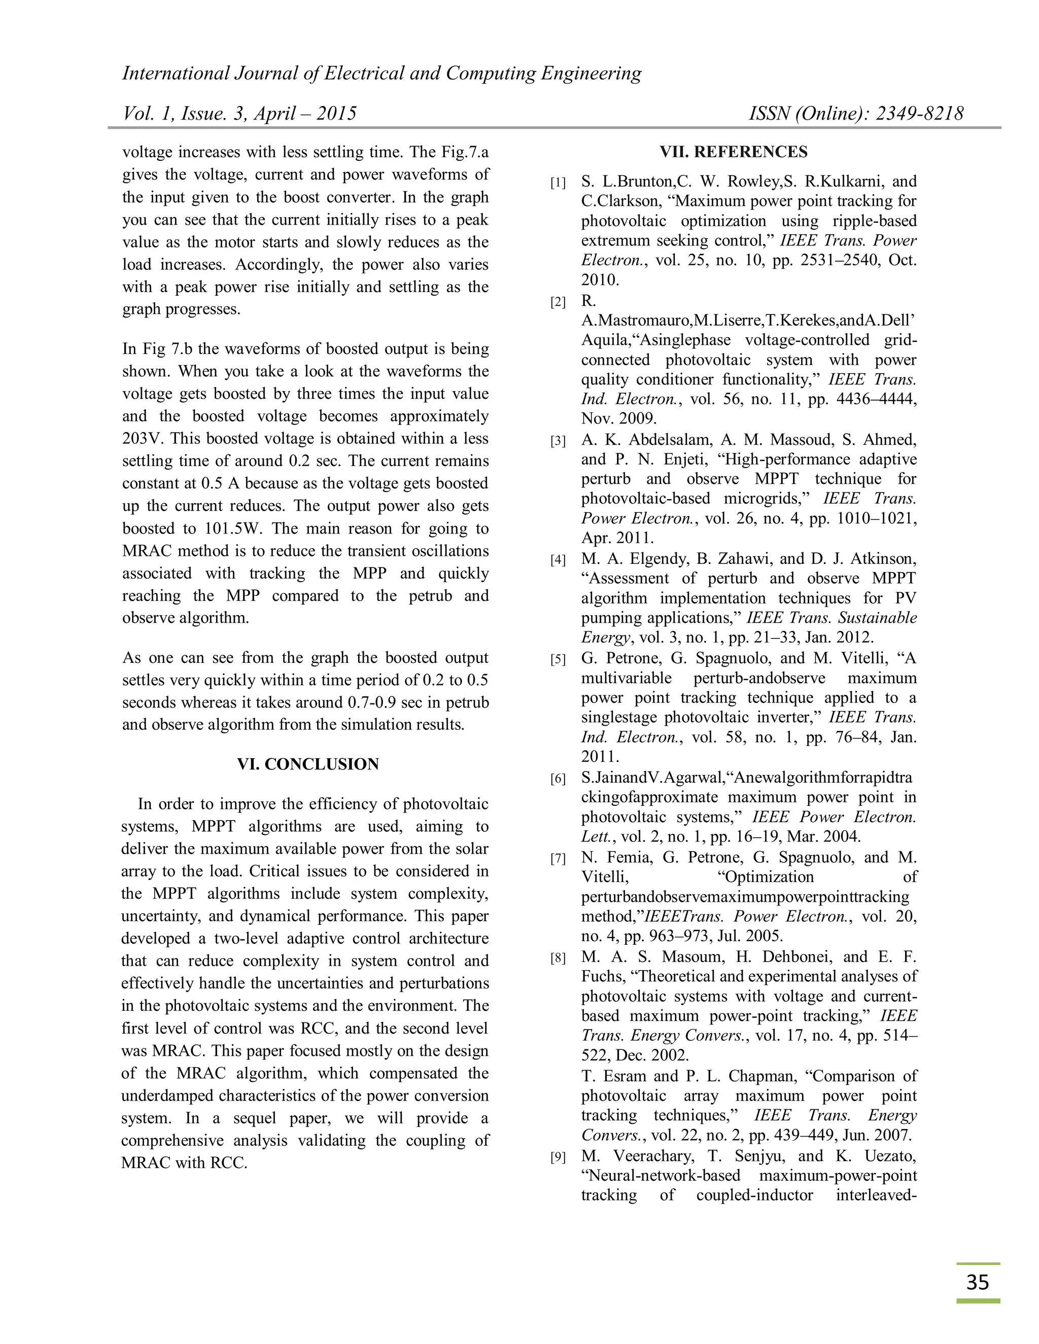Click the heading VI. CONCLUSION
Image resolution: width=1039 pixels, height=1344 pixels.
tap(308, 764)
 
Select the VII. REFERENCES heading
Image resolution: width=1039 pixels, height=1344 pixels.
tap(734, 152)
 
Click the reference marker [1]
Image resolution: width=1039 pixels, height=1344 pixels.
tap(558, 183)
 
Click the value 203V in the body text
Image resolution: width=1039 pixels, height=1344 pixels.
tap(143, 439)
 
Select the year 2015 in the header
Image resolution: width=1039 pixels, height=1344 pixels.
tap(336, 113)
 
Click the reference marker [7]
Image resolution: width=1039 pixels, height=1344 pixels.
tap(558, 859)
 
